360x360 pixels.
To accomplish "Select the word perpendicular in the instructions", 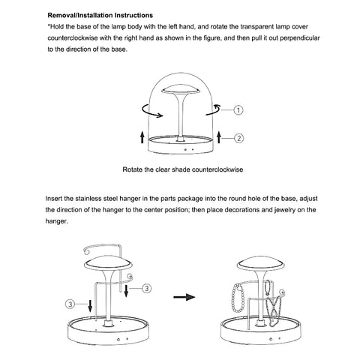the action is tap(300, 38).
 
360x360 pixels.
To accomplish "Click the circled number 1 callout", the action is tap(238, 110).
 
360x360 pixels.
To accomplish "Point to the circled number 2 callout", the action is tap(238, 138).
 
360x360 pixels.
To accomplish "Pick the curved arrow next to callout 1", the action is tap(213, 110).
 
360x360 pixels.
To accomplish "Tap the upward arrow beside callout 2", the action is tap(219, 136).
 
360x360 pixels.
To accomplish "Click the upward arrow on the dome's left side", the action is tap(142, 136).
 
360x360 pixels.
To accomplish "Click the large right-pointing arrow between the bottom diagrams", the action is tap(184, 297).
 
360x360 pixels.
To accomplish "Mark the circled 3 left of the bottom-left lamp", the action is tap(70, 304).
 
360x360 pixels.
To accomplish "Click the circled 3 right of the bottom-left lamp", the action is tap(146, 288).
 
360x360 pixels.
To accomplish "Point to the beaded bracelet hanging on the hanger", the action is tap(237, 299).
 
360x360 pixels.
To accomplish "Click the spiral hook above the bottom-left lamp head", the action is tap(88, 250).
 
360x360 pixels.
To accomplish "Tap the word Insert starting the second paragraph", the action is tap(53, 199).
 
